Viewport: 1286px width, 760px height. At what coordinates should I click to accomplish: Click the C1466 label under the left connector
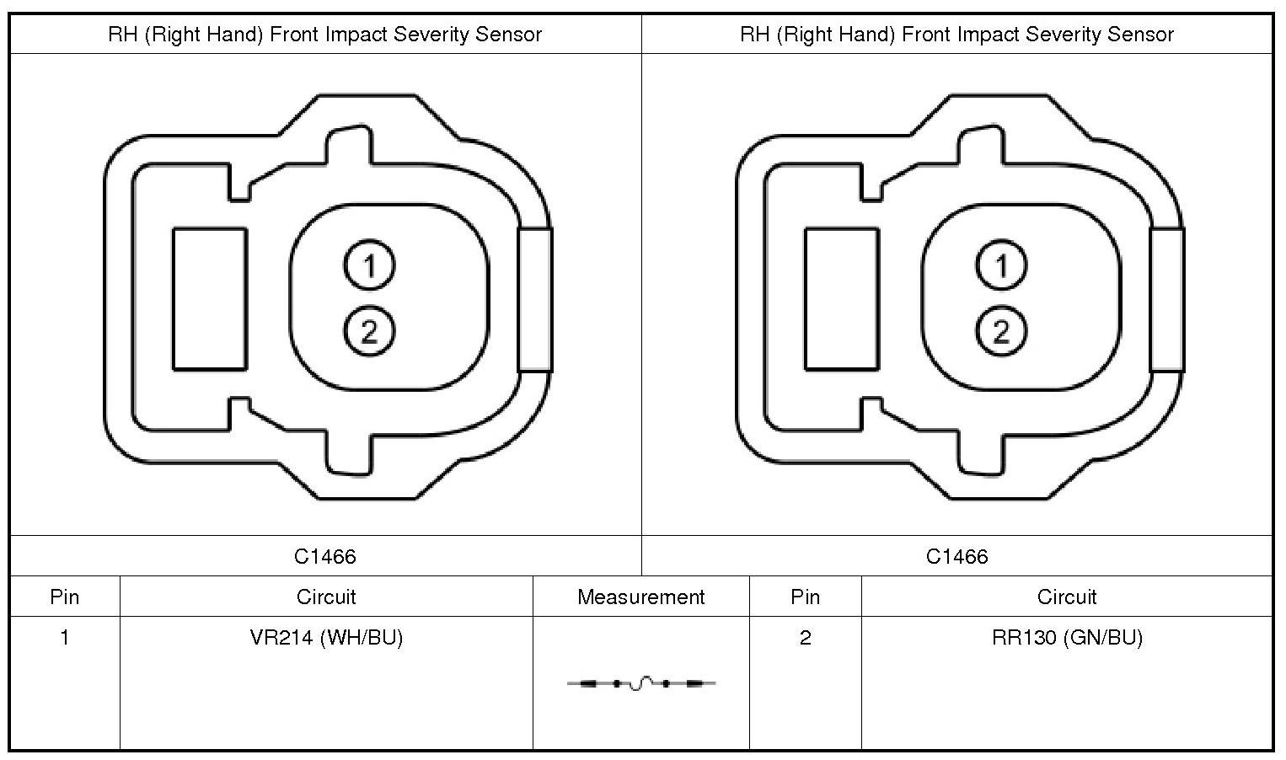point(325,556)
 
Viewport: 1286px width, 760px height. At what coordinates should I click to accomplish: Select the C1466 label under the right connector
point(957,556)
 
